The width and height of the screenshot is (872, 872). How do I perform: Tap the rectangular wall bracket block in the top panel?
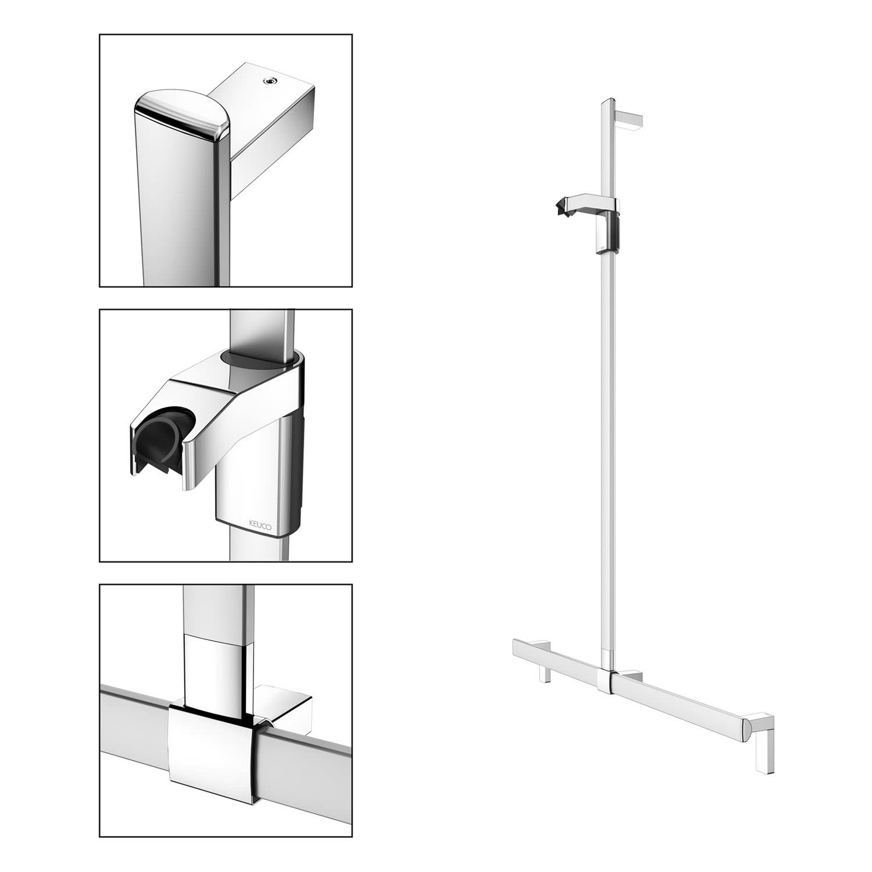pos(270,116)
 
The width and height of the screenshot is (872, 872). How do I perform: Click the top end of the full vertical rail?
pos(605,101)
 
